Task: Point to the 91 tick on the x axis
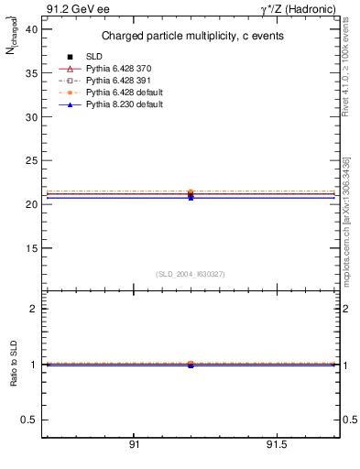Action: pos(134,444)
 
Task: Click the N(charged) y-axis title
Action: pos(12,41)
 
